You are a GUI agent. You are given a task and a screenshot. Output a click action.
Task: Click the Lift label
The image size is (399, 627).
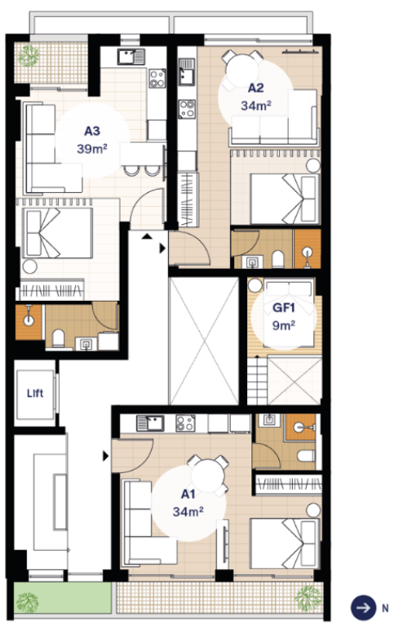pos(35,393)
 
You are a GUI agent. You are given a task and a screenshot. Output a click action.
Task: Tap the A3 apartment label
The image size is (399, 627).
pos(92,131)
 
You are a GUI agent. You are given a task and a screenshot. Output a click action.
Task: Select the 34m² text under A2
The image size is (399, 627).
pos(256,105)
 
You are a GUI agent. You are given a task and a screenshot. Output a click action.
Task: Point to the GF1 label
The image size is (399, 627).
pos(284,308)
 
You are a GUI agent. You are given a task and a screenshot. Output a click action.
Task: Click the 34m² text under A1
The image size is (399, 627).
pos(188,512)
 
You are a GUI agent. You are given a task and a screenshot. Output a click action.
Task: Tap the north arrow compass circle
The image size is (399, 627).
pos(363,608)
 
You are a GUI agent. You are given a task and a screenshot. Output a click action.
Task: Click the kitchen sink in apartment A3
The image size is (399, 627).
pos(131,56)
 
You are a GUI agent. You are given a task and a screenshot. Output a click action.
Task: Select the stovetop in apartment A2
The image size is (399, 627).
pos(187,109)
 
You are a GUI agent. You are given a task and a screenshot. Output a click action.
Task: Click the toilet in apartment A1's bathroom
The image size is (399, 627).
pos(307,455)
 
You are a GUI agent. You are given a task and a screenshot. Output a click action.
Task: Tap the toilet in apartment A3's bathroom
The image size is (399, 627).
pos(59,338)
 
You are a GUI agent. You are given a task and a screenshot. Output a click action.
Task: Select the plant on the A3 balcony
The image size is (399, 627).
pos(29,56)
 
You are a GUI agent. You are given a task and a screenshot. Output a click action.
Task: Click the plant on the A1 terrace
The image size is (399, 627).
pos(308,598)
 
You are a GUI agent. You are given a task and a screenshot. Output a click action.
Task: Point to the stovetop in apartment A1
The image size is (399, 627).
pos(185,423)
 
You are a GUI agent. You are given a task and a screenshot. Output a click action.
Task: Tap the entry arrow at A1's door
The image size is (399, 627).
pos(106,456)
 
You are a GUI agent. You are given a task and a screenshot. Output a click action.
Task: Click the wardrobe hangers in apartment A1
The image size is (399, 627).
pos(288,484)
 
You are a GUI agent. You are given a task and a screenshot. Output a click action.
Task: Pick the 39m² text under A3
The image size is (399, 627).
pos(92,149)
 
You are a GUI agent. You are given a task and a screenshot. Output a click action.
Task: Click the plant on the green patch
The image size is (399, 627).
pos(27,601)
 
